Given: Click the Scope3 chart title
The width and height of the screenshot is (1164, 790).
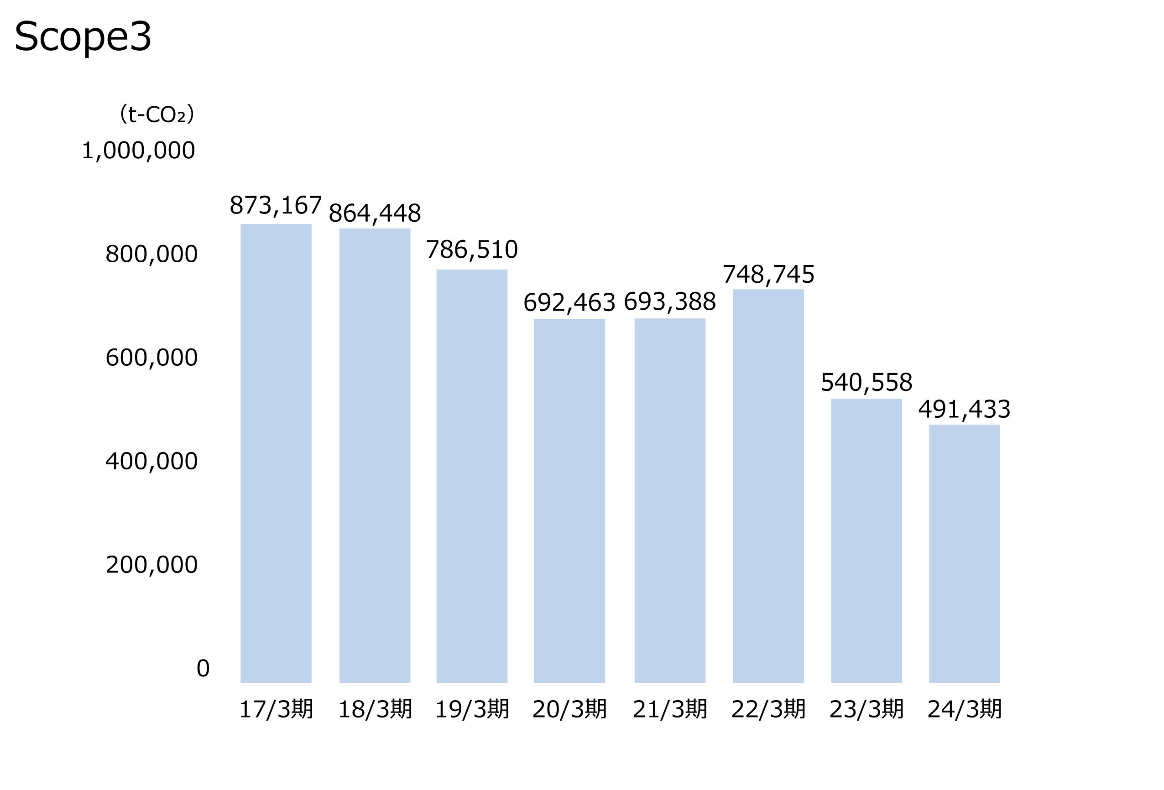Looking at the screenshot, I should tap(83, 37).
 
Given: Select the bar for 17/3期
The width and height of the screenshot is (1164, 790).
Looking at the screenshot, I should tap(276, 453).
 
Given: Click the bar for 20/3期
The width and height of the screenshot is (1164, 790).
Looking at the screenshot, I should tap(569, 501).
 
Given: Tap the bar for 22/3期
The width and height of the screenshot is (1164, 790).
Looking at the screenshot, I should tap(768, 486).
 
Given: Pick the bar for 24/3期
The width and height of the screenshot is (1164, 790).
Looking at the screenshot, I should tap(964, 553).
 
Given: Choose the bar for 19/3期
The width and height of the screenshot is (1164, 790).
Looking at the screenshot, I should tap(471, 476).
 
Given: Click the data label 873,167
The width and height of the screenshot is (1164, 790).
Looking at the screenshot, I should tap(276, 205).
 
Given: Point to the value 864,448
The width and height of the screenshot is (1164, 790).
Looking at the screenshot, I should tap(375, 213).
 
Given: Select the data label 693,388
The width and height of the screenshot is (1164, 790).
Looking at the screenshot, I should tap(670, 302).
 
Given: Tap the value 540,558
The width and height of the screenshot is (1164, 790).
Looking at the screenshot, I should tap(866, 383).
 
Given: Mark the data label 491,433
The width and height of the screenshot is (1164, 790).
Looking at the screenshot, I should tap(964, 410).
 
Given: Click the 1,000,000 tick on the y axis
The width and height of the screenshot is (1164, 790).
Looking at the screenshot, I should tap(138, 151).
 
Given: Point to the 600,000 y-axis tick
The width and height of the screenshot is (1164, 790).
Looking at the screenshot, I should tap(151, 358).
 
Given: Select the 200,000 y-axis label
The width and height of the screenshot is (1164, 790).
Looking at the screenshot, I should tap(151, 565).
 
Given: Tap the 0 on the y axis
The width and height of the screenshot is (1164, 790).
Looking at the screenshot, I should tap(203, 668).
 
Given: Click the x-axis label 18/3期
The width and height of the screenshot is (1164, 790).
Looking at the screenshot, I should tap(375, 709).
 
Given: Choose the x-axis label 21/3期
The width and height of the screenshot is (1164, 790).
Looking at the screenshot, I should tap(670, 709).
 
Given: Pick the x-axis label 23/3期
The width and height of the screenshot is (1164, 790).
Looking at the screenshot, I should tap(866, 709).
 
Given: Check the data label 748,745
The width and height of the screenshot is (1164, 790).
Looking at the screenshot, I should tap(768, 274).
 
